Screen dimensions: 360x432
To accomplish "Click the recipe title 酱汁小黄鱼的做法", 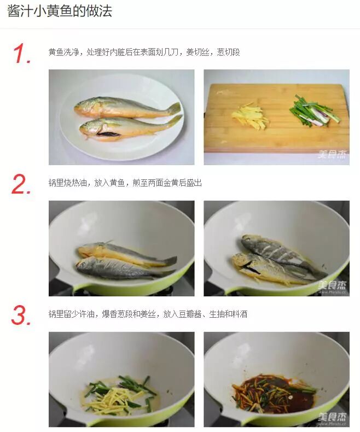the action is coord(60,11).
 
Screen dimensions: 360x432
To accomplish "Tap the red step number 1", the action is coord(21,54).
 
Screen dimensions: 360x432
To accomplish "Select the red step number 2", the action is coord(21,184).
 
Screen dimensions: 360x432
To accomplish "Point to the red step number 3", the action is coord(21,315).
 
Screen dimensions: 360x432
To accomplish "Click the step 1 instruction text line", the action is coord(144,52).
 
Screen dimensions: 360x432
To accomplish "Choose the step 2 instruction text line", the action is coord(125,183).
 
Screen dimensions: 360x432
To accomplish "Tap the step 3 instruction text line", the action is coord(148,314).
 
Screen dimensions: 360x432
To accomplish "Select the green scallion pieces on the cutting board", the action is coord(315,111).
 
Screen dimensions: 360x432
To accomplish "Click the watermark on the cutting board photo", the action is coord(332,155).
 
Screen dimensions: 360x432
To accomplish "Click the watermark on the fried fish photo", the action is coord(332,286).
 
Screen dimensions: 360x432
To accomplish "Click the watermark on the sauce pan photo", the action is coord(332,418).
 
